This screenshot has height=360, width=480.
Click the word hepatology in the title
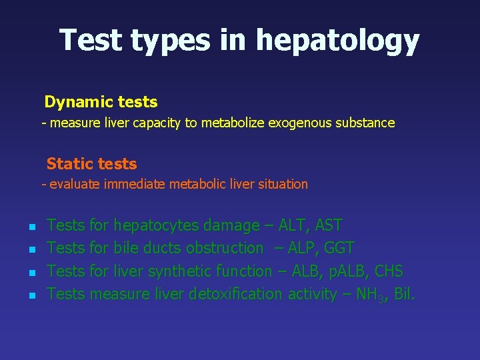[337, 41]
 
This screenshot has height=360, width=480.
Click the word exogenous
[298, 123]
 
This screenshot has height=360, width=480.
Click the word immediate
[135, 184]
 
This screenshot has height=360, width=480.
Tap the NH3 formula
[369, 294]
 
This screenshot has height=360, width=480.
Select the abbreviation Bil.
[404, 294]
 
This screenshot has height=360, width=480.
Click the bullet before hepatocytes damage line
[31, 227]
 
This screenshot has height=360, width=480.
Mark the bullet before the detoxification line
[31, 295]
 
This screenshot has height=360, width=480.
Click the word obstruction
[225, 248]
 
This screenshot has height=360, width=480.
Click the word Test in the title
[91, 40]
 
